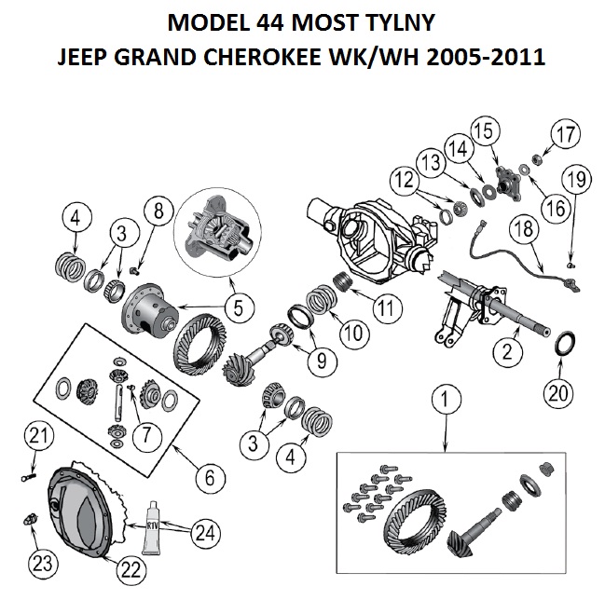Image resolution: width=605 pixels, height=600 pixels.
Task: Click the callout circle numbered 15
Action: [485, 130]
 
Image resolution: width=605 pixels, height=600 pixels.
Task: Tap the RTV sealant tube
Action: [153, 527]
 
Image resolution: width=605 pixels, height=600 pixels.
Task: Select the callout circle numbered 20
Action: [558, 393]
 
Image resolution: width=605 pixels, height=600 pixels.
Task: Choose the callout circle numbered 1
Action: [446, 399]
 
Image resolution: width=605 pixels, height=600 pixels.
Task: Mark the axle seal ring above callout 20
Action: [564, 344]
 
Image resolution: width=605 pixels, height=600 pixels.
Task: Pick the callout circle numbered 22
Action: [131, 569]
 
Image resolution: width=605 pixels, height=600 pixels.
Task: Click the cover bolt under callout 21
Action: [29, 478]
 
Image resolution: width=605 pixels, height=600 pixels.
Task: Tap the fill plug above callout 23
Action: [30, 519]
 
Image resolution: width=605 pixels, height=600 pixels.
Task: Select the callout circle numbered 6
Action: [210, 478]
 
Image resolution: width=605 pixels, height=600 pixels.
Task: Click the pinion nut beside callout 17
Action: [537, 158]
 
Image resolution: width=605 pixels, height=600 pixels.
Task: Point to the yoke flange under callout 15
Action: [507, 184]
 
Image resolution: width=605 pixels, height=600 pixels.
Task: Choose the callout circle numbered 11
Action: [388, 308]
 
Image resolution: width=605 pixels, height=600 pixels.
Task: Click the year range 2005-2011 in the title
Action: [486, 57]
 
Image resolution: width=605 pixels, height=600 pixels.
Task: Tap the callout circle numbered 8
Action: [158, 211]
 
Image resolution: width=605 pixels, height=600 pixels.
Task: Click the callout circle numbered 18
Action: [524, 228]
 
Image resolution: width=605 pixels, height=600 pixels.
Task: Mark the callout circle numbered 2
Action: [507, 351]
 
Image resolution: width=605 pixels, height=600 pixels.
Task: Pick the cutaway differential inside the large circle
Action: [218, 232]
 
